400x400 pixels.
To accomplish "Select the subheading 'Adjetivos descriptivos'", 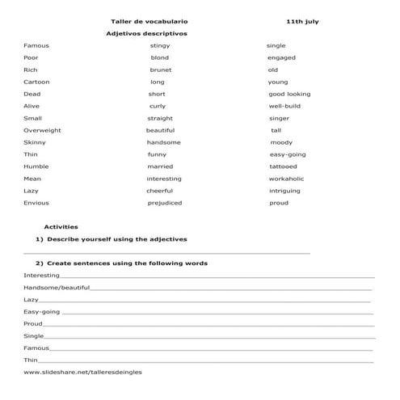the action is pos(146,34).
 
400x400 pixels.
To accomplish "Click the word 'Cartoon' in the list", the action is pos(36,82).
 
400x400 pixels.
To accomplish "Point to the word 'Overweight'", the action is pos(42,130).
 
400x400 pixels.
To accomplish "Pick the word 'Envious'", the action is pos(36,203).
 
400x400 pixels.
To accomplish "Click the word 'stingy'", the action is pos(160,46).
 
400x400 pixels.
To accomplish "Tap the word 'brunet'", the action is pos(160,69).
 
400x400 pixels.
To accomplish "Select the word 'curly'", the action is pos(158,106).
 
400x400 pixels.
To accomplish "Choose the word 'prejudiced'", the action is pos(165,203).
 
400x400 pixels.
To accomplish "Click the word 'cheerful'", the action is pos(159,191).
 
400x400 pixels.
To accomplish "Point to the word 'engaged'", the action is pos(281,58).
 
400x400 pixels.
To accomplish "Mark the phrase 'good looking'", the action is pos(289,94).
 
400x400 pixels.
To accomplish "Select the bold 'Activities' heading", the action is pos(61,227).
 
